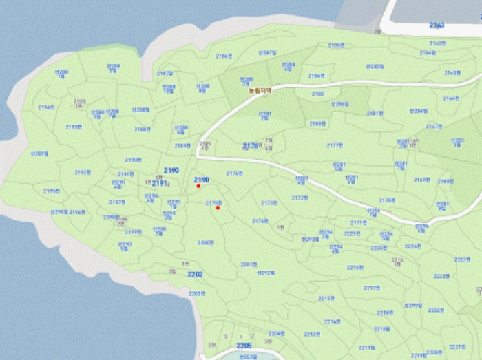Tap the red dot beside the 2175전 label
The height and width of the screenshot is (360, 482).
[x=218, y=207]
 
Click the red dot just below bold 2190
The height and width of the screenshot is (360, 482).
[x=198, y=186]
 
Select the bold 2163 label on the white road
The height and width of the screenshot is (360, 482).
[x=437, y=25]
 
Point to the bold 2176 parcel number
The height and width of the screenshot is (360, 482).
[x=251, y=146]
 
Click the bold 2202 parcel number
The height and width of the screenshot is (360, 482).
[x=196, y=274]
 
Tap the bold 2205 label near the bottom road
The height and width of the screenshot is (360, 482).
[x=244, y=345]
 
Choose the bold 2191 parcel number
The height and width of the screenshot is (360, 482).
[x=159, y=183]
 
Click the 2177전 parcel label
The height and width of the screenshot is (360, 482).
[x=335, y=145]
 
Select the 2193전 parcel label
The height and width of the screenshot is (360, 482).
[x=74, y=127]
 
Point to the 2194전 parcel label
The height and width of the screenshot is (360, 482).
[x=46, y=107]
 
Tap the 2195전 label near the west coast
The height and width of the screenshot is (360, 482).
[x=52, y=191]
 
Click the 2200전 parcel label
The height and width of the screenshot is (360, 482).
[x=206, y=243]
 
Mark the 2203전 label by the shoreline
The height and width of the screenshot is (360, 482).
[x=197, y=293]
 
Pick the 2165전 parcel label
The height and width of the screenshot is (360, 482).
[x=452, y=72]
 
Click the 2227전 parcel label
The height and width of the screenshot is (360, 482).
[x=462, y=260]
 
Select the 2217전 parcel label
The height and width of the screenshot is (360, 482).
[x=371, y=288]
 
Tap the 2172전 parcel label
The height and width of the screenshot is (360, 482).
[x=300, y=198]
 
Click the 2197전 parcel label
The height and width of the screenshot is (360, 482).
[x=117, y=202]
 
